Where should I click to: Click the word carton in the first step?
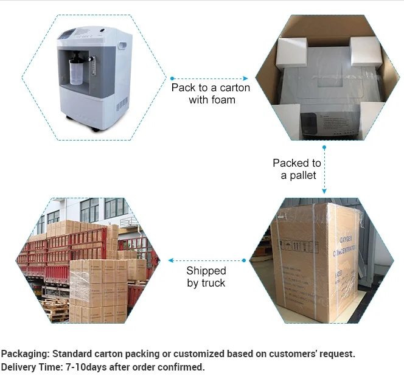click(235, 88)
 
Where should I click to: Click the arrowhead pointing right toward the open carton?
click(246, 78)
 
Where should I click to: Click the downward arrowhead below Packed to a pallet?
click(324, 192)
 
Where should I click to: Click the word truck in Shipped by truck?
click(212, 283)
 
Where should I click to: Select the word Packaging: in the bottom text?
click(26, 353)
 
